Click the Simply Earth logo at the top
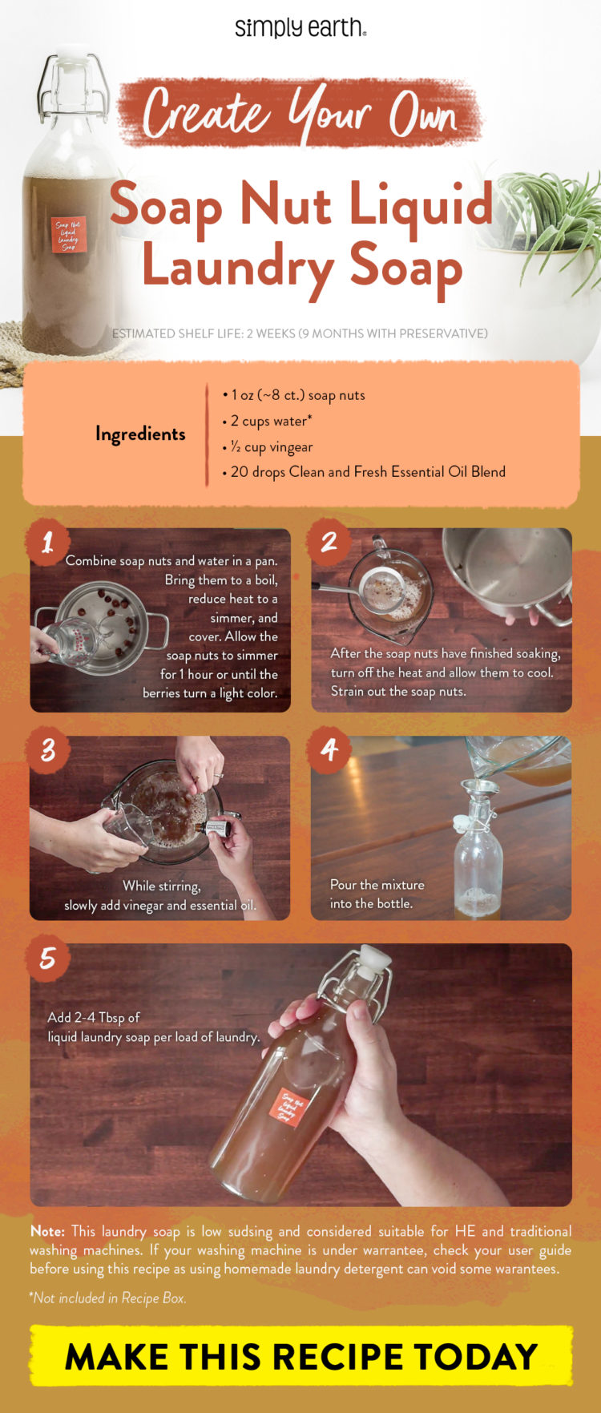point(300,28)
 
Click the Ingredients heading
point(140,434)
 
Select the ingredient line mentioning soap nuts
point(294,395)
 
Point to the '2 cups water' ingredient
point(268,421)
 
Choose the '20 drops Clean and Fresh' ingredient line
point(365,472)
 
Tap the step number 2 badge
point(329,543)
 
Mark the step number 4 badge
point(329,751)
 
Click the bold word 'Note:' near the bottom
point(47,1231)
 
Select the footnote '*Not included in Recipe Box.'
point(108,1298)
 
